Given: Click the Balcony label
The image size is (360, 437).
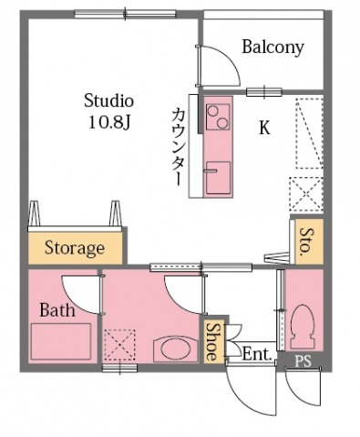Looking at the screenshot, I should click(273, 47).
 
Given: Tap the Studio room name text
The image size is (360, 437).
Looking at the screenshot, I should click(109, 99).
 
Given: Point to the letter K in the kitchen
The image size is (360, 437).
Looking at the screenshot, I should click(264, 129).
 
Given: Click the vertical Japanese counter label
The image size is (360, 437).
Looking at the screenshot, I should click(179, 147).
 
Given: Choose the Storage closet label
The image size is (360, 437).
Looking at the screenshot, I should click(74, 247).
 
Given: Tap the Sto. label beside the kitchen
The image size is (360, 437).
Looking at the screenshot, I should click(305, 239).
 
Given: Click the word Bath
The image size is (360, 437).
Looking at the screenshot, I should click(57, 309).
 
